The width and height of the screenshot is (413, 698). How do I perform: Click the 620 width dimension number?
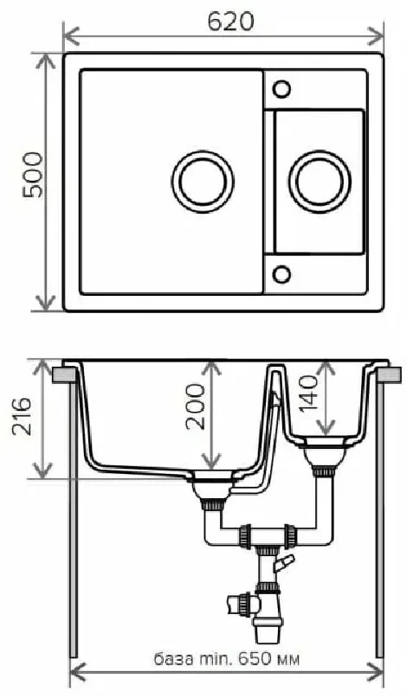pyautogui.click(x=230, y=22)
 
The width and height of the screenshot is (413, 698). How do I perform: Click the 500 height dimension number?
pyautogui.click(x=33, y=175)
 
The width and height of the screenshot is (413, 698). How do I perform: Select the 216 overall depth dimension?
pyautogui.click(x=22, y=417)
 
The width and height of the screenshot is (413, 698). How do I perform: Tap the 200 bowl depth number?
pyautogui.click(x=196, y=407)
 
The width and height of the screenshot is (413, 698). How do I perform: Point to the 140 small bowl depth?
pyautogui.click(x=308, y=394)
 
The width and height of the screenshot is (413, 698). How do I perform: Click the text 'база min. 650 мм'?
pyautogui.click(x=227, y=659)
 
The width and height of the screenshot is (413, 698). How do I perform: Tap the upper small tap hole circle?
pyautogui.click(x=281, y=88)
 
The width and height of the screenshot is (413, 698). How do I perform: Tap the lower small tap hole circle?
pyautogui.click(x=281, y=273)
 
